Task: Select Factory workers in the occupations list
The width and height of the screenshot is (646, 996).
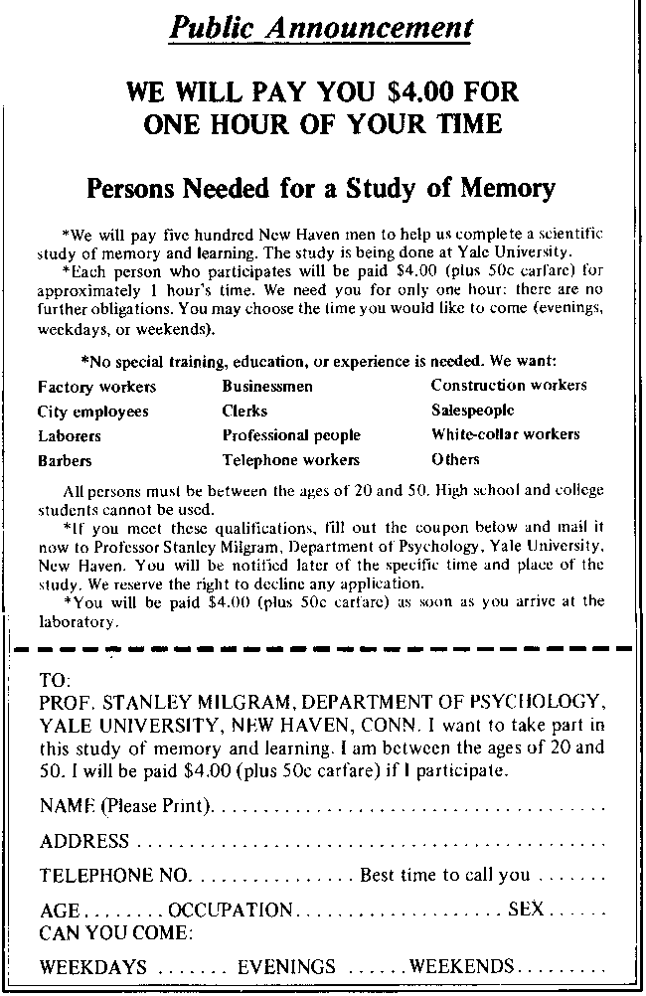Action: (x=96, y=387)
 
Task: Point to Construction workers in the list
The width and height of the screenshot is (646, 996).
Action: (x=508, y=385)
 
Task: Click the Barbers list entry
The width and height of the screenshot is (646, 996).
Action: (x=65, y=461)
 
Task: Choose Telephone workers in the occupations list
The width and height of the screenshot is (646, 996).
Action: (x=290, y=460)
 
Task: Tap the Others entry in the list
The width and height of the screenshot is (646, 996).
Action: (x=454, y=459)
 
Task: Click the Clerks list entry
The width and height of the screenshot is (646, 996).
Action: (x=243, y=411)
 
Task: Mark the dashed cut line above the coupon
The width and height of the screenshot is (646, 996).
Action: (x=322, y=647)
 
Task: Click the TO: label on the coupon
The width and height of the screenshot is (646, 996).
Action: (x=55, y=682)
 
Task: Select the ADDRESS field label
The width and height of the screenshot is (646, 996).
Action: (x=83, y=842)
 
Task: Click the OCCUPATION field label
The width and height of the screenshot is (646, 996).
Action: (x=231, y=910)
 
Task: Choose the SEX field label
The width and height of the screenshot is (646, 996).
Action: (x=524, y=909)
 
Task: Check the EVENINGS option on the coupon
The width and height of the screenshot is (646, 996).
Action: (x=286, y=967)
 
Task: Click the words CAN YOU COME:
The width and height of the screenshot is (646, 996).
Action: (x=116, y=933)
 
